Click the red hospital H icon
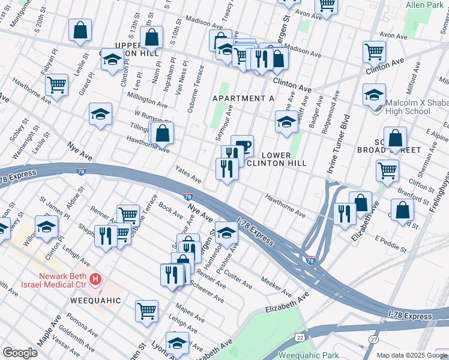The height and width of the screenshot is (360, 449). pyautogui.click(x=95, y=279)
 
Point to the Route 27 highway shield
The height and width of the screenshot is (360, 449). pyautogui.click(x=373, y=340)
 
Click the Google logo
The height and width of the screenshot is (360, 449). pyautogui.click(x=20, y=353)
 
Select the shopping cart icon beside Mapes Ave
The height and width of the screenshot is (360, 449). pyautogui.click(x=146, y=310)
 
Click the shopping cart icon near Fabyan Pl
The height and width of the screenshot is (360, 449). pyautogui.click(x=56, y=85)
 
